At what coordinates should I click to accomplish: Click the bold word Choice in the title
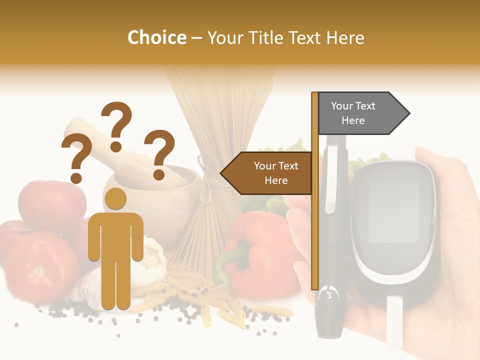tap(156, 37)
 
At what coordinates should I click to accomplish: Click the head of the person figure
tap(115, 198)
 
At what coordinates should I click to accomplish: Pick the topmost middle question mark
tap(117, 125)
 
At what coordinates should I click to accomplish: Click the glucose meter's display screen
tap(393, 210)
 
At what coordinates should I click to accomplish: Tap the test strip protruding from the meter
tap(394, 320)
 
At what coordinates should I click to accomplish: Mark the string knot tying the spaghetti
tap(203, 165)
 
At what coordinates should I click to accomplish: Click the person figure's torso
tap(116, 235)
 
